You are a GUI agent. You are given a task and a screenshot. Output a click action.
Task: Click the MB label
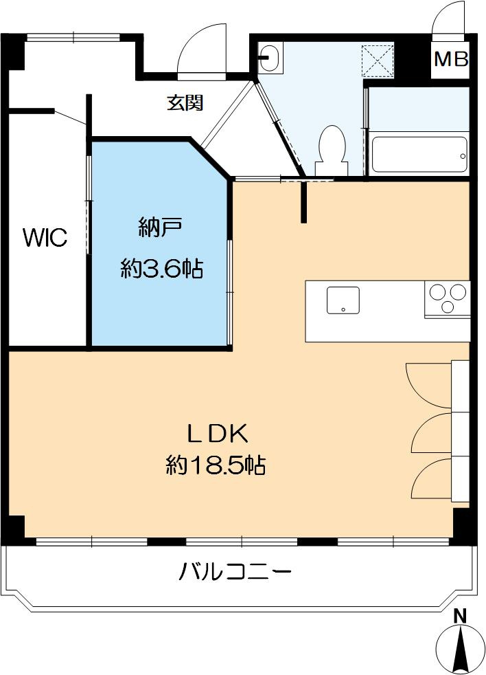(x=450, y=59)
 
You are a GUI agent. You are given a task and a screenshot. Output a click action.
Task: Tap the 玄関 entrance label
(x=185, y=103)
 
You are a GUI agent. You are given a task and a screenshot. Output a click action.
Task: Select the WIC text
(x=45, y=238)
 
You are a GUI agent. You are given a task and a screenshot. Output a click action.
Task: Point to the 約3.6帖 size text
(x=162, y=268)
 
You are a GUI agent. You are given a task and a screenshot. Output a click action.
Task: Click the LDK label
(x=217, y=434)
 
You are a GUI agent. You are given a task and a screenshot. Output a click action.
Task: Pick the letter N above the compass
(x=461, y=616)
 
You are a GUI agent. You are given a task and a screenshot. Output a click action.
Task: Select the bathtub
(x=419, y=155)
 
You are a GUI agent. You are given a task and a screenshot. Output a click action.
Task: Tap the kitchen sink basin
(x=343, y=300)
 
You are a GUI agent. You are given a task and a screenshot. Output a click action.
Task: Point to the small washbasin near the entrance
(x=270, y=58)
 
